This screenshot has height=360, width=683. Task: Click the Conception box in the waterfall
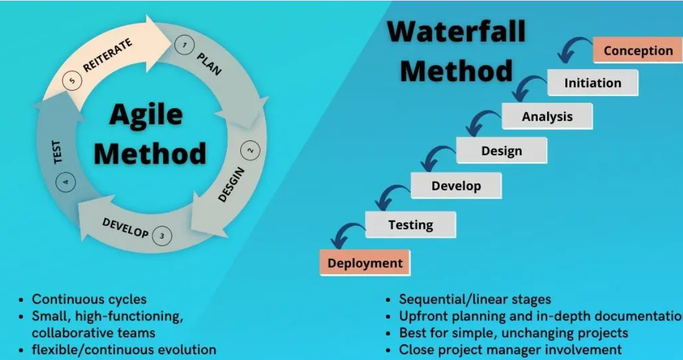[638, 51]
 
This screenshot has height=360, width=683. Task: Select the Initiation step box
[592, 83]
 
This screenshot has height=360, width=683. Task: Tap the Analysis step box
[547, 117]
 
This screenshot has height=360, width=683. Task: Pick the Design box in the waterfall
[501, 151]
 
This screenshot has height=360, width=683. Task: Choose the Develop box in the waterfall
[456, 186]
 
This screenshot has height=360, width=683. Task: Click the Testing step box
[410, 225]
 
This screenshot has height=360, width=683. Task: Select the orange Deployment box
[365, 263]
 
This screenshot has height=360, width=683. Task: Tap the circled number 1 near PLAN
[185, 45]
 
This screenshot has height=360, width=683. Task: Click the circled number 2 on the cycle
[250, 150]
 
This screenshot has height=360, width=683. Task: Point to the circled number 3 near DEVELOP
[162, 236]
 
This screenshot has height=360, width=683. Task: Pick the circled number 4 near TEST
[66, 182]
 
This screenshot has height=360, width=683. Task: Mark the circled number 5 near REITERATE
[72, 81]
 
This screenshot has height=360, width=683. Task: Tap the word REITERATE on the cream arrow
[108, 55]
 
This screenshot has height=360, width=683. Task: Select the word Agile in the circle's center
[146, 114]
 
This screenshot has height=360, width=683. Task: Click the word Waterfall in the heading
[456, 32]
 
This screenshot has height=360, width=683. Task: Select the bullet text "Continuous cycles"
[89, 300]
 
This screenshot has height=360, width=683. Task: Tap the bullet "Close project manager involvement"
[510, 350]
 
